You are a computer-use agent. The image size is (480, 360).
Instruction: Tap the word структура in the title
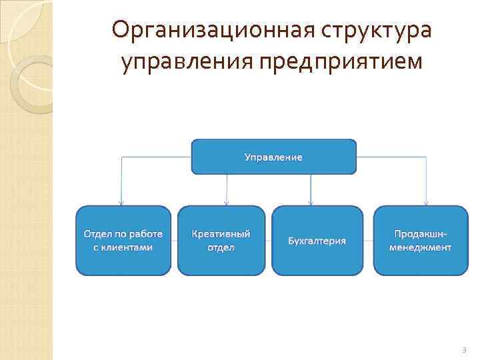click(377, 30)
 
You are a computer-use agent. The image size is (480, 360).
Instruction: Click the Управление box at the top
click(273, 157)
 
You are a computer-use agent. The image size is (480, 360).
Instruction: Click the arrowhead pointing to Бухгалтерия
click(310, 202)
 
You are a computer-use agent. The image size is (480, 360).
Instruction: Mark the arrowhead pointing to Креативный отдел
click(227, 202)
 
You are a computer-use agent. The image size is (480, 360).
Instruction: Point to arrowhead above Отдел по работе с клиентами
click(121, 202)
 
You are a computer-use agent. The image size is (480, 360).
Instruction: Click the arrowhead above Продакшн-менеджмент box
click(426, 202)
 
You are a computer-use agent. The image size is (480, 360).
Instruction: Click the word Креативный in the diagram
click(221, 234)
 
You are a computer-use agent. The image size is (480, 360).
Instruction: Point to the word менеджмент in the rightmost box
click(421, 247)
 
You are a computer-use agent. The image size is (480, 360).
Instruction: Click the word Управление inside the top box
click(273, 157)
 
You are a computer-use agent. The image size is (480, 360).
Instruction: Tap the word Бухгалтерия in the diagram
click(317, 240)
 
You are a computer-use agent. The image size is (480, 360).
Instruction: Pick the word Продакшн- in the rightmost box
click(421, 234)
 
